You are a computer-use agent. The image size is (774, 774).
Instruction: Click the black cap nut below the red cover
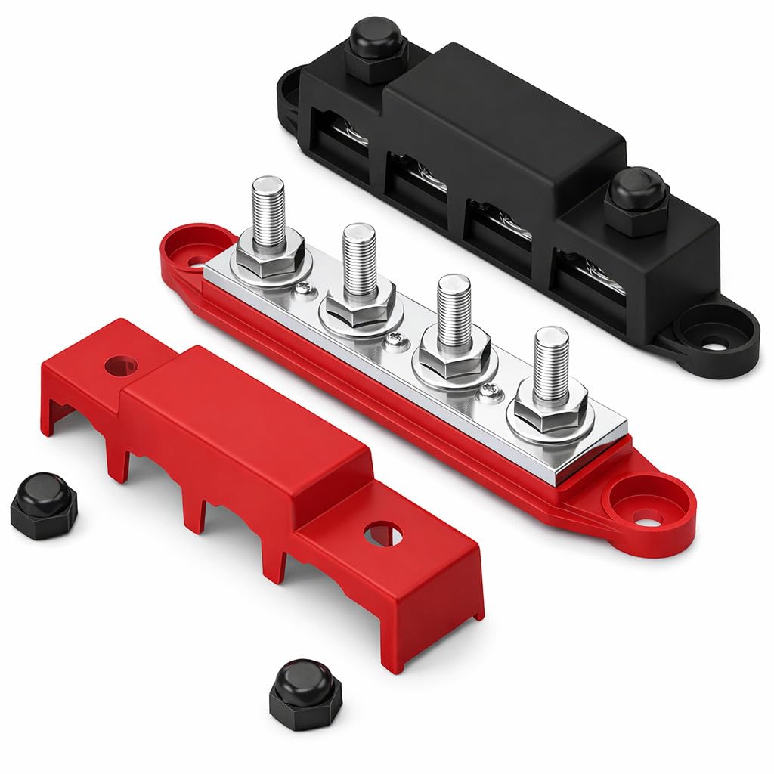tap(305, 693)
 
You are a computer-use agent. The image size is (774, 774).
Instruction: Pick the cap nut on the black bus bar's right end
tap(636, 200)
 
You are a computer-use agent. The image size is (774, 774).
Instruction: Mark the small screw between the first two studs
tap(302, 288)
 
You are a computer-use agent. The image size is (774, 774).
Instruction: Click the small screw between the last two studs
tap(488, 390)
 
